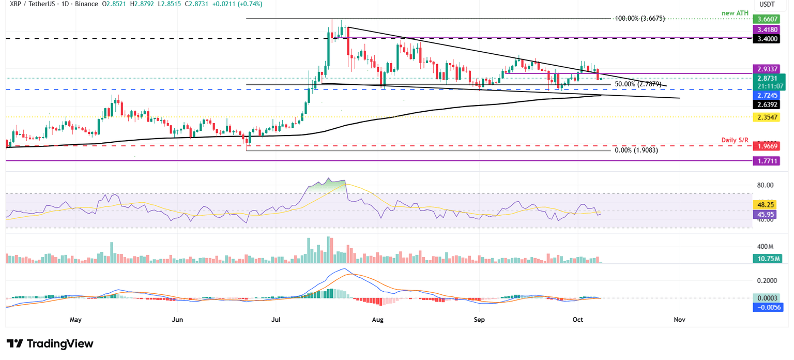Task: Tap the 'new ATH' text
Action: tap(736, 12)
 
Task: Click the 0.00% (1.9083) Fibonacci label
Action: tap(636, 151)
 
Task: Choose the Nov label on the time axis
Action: tap(679, 320)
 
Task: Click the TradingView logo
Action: tap(50, 344)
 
